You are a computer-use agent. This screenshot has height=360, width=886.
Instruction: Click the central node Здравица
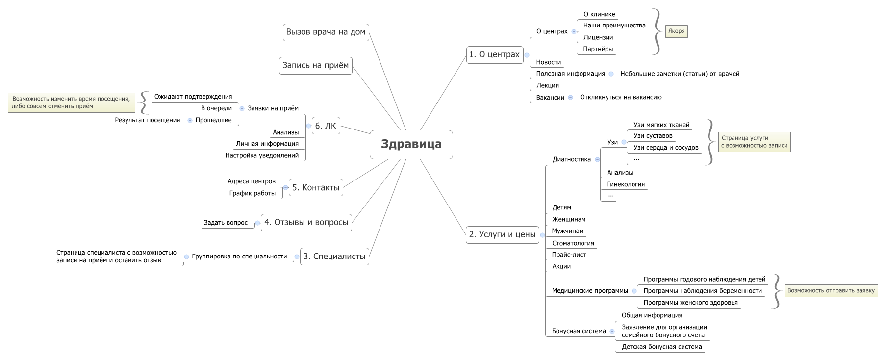[411, 145]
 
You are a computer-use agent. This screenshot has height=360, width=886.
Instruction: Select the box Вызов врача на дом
[326, 32]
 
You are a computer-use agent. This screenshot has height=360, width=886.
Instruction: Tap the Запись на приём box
[315, 66]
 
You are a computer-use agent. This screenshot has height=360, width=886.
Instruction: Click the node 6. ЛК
[326, 126]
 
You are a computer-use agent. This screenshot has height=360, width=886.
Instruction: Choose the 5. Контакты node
[316, 188]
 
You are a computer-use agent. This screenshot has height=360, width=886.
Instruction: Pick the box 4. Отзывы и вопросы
[306, 222]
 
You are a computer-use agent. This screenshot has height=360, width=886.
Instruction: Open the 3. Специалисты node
[334, 257]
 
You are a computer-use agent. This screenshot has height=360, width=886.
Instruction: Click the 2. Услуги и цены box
[502, 234]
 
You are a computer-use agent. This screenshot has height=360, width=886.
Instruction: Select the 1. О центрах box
[494, 54]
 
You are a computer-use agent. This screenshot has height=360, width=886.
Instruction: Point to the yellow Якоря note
[676, 31]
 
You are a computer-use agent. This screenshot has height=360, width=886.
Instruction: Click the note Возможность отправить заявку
[831, 291]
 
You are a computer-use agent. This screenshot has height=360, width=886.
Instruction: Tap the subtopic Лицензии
[598, 37]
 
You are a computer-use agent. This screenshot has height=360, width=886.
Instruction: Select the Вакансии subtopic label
[550, 98]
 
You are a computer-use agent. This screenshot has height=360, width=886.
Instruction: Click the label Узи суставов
[653, 136]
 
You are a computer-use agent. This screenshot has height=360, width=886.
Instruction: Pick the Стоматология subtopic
[573, 243]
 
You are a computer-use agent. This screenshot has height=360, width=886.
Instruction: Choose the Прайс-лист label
[569, 255]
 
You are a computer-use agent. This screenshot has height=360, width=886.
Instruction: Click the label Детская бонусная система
[661, 347]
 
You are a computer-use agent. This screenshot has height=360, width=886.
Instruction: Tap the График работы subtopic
[252, 193]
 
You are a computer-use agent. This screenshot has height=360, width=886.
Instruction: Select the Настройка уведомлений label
[262, 155]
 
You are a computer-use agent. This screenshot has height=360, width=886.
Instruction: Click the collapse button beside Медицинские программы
[634, 291]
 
